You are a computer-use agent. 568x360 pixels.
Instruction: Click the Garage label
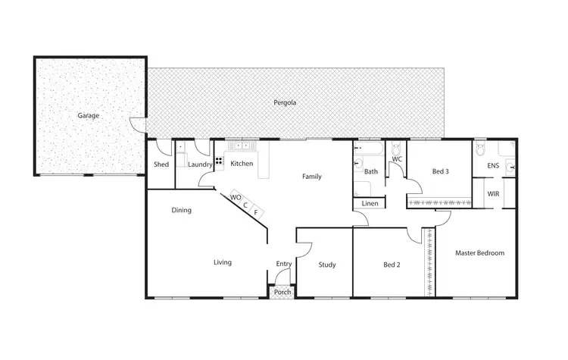(88, 116)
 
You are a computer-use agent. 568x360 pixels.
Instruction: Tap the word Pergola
(285, 102)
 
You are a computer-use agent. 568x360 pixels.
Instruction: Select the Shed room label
(161, 164)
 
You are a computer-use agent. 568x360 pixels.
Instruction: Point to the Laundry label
(200, 164)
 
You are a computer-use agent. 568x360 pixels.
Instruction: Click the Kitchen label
(242, 164)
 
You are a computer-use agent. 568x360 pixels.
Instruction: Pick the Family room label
(312, 177)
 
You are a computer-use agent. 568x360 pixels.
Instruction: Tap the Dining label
(181, 211)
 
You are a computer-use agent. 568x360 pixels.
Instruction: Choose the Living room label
(222, 262)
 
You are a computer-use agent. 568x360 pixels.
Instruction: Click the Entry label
(283, 264)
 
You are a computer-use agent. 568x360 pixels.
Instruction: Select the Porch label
(282, 292)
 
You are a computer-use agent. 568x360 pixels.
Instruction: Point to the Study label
(326, 265)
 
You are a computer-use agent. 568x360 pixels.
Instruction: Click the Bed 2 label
(389, 265)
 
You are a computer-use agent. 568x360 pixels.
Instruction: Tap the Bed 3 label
(440, 172)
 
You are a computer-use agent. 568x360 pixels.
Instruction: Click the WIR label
(493, 194)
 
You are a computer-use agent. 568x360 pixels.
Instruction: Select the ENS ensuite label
(493, 164)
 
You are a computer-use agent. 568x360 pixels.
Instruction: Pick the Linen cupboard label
(370, 204)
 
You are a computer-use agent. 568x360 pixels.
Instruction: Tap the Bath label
(370, 172)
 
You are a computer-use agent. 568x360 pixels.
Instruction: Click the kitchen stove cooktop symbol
(219, 161)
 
